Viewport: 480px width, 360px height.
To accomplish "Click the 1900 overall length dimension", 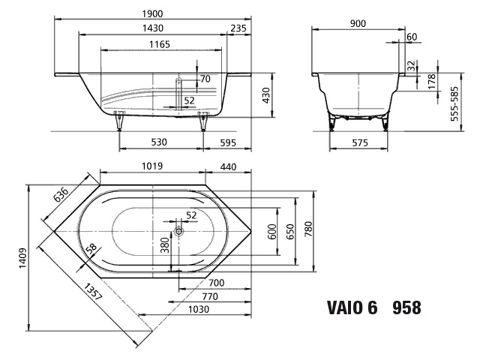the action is (152, 13).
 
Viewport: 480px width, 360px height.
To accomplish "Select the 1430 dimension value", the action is (153, 28).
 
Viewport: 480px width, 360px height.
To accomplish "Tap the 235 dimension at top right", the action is (238, 28).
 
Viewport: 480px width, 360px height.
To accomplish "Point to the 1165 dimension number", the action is (160, 45).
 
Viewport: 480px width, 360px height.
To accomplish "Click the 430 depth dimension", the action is (266, 95).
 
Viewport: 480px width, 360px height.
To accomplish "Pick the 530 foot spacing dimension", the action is (159, 142).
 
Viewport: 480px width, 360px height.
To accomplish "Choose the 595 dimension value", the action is (228, 142).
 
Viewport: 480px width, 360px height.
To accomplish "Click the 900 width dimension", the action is (358, 23).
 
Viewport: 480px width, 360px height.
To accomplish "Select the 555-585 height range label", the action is (455, 103).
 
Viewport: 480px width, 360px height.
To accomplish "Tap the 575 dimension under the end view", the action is (360, 142).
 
